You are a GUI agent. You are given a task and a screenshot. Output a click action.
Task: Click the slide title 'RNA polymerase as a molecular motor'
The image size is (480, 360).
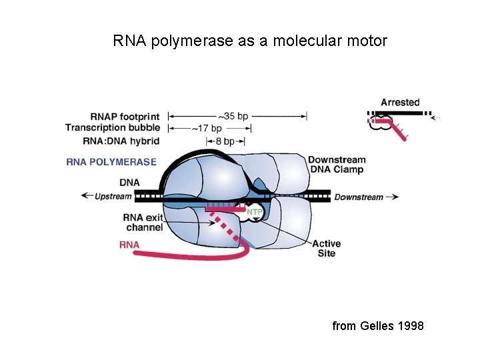pyautogui.click(x=250, y=41)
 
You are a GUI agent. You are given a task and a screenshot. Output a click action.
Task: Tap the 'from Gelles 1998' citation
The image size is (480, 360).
pyautogui.click(x=378, y=325)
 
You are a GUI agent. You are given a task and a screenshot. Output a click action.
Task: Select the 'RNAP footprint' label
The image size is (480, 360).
pyautogui.click(x=126, y=116)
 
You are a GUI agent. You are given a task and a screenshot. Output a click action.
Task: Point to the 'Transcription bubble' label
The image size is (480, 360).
pyautogui.click(x=113, y=127)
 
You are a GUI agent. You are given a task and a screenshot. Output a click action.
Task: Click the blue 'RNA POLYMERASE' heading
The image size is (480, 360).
pyautogui.click(x=111, y=162)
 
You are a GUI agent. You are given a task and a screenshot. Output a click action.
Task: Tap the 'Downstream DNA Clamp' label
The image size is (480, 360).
pyautogui.click(x=336, y=165)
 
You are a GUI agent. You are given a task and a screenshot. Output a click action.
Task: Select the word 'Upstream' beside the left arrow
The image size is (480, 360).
pyautogui.click(x=113, y=197)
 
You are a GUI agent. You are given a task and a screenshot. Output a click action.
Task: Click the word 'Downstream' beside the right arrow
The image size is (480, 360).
pyautogui.click(x=359, y=197)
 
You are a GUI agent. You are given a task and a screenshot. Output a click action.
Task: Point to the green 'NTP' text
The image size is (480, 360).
pyautogui.click(x=255, y=212)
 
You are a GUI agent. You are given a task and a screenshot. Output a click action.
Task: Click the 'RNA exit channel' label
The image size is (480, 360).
pyautogui.click(x=143, y=222)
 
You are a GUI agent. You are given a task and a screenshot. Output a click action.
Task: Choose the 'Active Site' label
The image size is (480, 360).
pyautogui.click(x=326, y=249)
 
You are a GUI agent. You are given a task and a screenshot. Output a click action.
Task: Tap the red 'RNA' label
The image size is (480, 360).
pyautogui.click(x=129, y=245)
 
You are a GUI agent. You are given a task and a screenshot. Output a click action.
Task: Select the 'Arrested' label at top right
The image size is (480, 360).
pyautogui.click(x=400, y=102)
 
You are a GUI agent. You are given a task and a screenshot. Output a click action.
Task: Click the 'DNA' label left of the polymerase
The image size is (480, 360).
pyautogui.click(x=129, y=182)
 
